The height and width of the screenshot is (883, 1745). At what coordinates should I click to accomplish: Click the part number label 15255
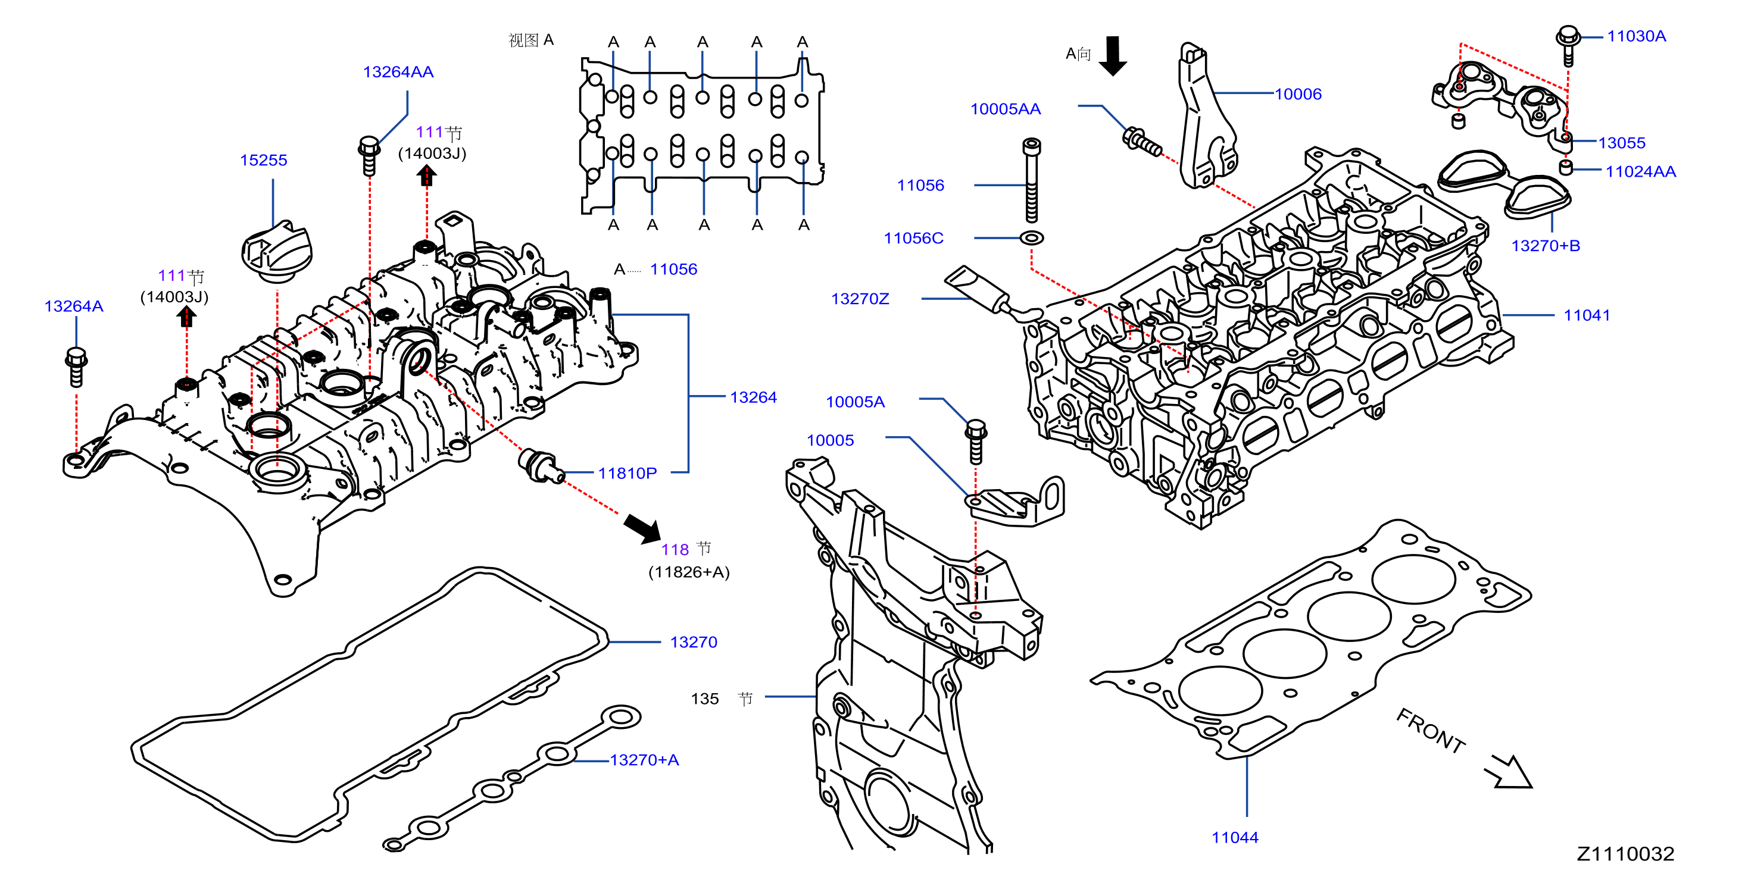(x=264, y=161)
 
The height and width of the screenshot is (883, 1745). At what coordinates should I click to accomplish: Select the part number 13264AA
(x=398, y=72)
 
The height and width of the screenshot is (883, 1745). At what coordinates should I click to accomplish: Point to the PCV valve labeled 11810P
(x=541, y=466)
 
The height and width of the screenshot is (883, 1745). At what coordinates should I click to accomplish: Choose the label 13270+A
(x=644, y=760)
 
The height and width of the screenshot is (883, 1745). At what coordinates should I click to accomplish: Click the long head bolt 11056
(x=1031, y=180)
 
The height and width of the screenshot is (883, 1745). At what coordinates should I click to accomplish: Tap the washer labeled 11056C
(x=1032, y=237)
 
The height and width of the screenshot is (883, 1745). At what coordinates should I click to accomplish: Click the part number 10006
(x=1298, y=94)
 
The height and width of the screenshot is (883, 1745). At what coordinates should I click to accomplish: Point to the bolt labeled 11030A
(x=1568, y=45)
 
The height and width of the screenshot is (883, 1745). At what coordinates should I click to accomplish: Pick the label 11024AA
(x=1641, y=171)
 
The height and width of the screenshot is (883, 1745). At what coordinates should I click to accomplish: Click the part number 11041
(x=1587, y=315)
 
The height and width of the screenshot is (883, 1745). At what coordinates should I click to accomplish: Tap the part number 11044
(x=1235, y=838)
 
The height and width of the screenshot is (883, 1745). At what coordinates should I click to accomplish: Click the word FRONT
(x=1431, y=731)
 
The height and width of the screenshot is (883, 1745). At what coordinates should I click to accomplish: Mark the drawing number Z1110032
(x=1625, y=854)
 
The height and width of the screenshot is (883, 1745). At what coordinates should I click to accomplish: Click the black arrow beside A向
(x=1113, y=55)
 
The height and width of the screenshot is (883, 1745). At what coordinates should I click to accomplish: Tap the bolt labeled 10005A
(x=975, y=441)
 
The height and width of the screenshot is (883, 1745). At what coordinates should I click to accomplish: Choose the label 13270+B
(x=1546, y=246)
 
